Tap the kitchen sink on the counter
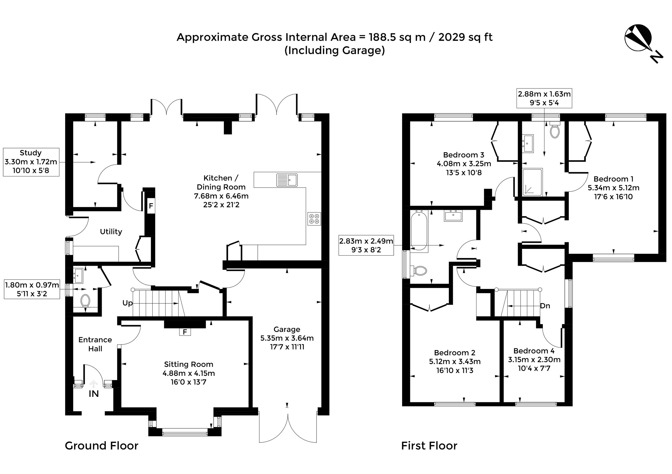pyautogui.click(x=287, y=180)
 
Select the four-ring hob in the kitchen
pyautogui.click(x=314, y=219)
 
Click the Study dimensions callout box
pyautogui.click(x=31, y=162)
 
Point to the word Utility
pyautogui.click(x=111, y=231)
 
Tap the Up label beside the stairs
pyautogui.click(x=128, y=303)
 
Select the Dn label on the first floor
pyautogui.click(x=545, y=306)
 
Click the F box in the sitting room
pyautogui.click(x=185, y=332)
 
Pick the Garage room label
pyautogui.click(x=287, y=329)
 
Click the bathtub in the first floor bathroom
pyautogui.click(x=419, y=231)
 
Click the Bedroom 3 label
pyautogui.click(x=464, y=155)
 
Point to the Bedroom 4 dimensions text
pyautogui.click(x=534, y=364)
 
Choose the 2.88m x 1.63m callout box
pyautogui.click(x=544, y=98)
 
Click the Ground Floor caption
pyautogui.click(x=102, y=446)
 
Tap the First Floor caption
pyautogui.click(x=429, y=446)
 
